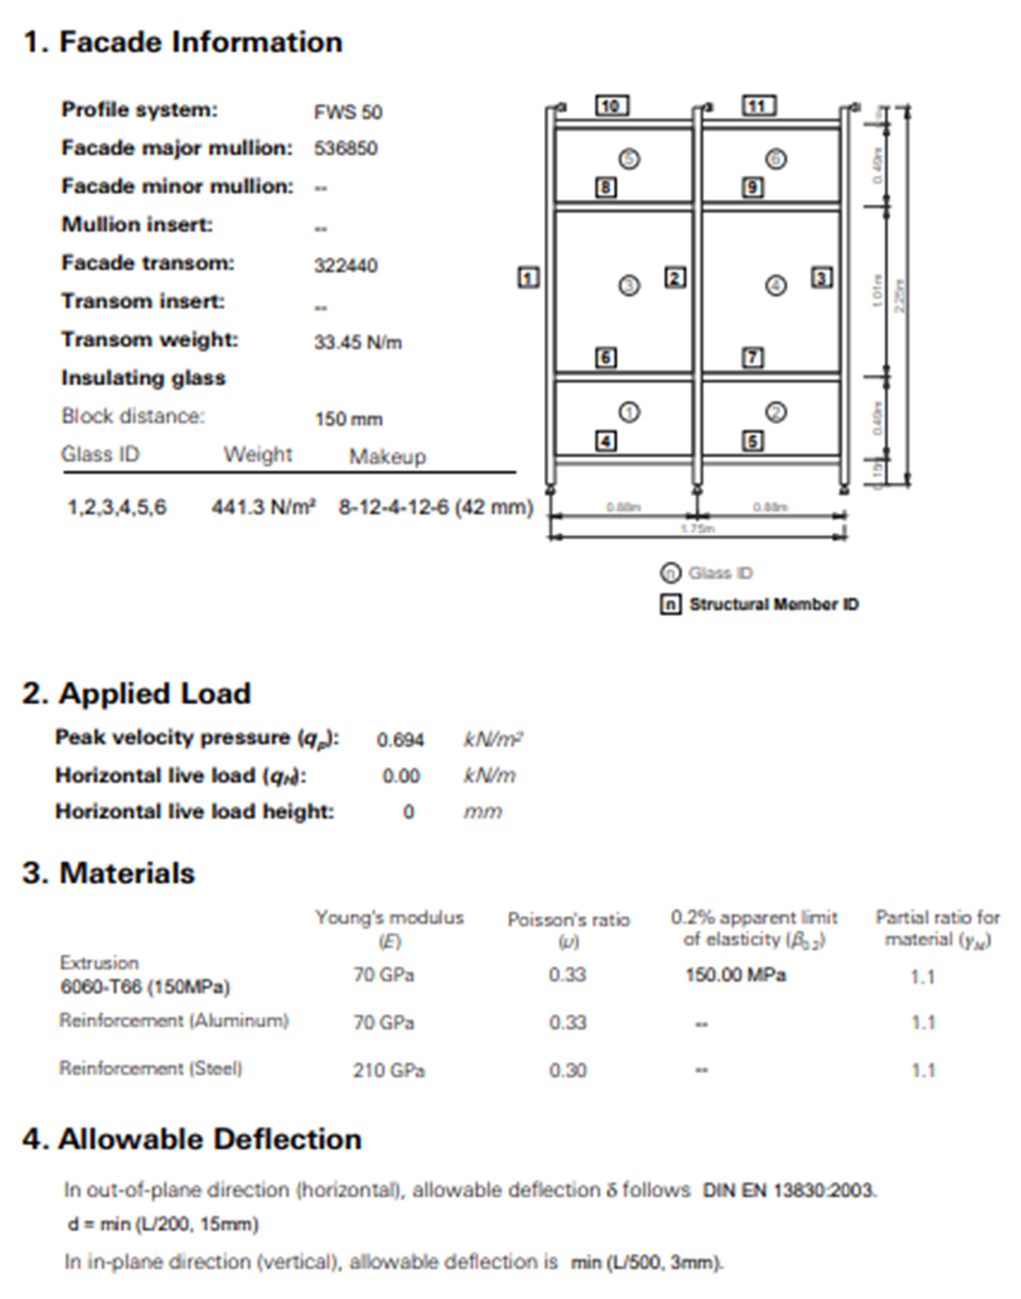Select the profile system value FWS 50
click(348, 112)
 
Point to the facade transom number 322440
click(345, 265)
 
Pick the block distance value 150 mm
click(348, 419)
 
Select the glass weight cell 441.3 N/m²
click(263, 507)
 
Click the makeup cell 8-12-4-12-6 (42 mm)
click(435, 507)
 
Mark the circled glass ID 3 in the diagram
click(628, 286)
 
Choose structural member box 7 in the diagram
click(753, 357)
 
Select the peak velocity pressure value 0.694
click(400, 740)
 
